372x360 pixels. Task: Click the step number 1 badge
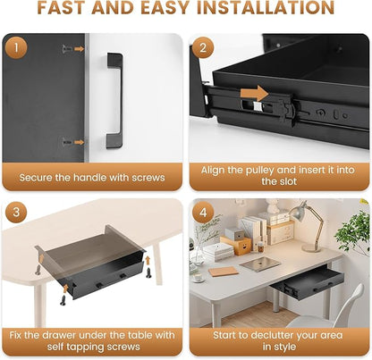point(16,47)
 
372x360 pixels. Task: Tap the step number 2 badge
point(203,47)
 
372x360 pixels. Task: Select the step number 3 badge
point(16,212)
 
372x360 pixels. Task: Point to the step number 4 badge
point(203,213)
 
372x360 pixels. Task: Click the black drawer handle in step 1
point(115,101)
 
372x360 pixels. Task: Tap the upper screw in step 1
point(67,49)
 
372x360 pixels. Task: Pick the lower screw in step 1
point(67,142)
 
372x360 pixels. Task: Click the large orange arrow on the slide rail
point(254,93)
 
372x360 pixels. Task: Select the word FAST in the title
point(62,8)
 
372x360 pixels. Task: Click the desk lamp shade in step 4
point(299,212)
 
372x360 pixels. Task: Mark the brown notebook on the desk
point(224,272)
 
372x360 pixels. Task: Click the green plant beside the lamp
point(353,233)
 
